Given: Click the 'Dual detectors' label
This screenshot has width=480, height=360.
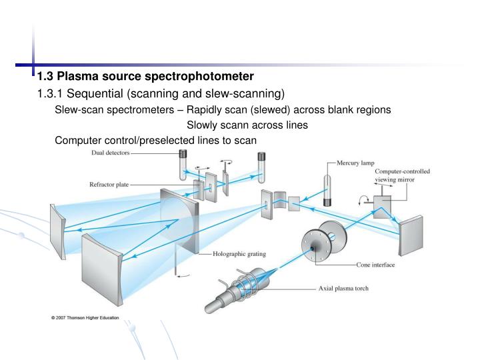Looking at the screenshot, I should [x=110, y=153].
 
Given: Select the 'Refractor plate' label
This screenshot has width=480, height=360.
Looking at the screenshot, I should [x=110, y=185].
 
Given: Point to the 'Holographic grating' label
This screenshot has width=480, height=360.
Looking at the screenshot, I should [x=239, y=254].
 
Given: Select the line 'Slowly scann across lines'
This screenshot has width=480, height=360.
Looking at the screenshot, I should [x=247, y=125].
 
